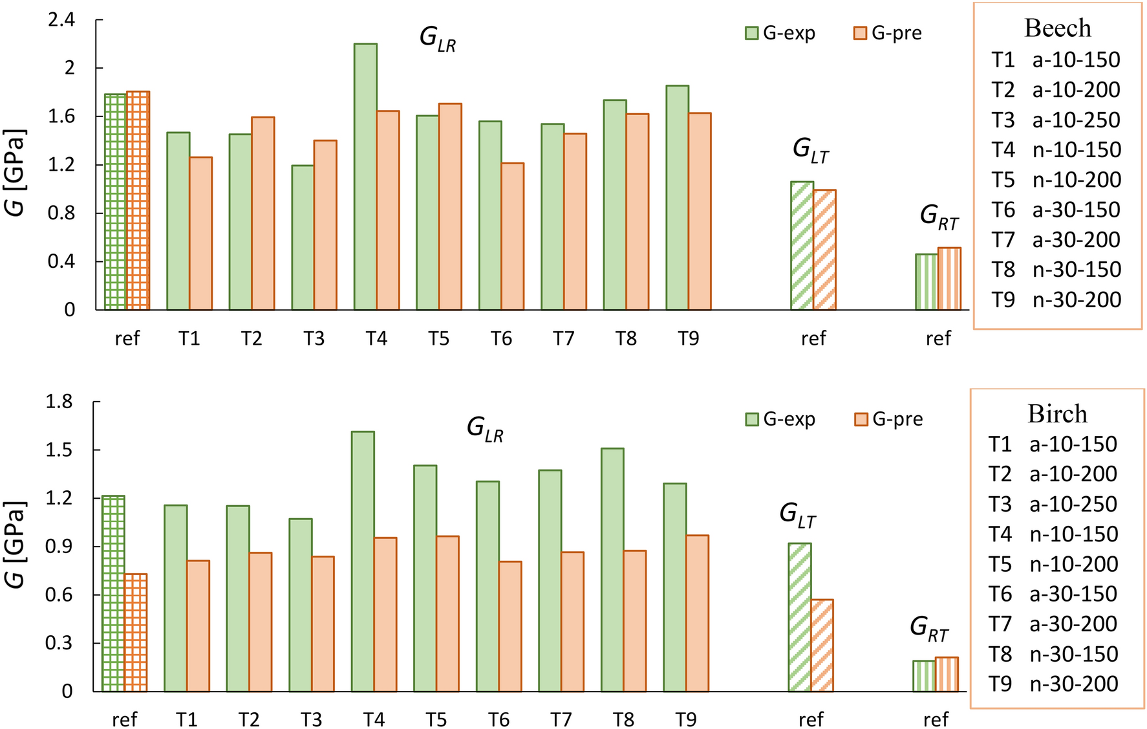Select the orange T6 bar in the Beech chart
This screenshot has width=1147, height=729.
[513, 236]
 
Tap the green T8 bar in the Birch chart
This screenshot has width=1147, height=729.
[612, 569]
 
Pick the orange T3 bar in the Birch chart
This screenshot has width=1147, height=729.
[323, 624]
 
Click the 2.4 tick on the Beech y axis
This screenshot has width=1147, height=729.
[61, 20]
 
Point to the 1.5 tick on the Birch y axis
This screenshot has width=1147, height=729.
[59, 450]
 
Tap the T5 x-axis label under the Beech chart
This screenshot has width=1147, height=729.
[438, 338]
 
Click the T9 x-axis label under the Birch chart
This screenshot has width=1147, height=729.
[685, 719]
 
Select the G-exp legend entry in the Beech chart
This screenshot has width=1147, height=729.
[780, 33]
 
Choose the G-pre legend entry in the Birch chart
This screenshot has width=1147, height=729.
[888, 419]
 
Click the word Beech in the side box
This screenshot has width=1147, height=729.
[1057, 28]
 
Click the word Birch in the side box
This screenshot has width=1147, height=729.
[1057, 414]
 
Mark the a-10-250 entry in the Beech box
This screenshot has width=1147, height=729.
[1076, 120]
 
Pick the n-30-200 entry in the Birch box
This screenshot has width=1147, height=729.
[1073, 684]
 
